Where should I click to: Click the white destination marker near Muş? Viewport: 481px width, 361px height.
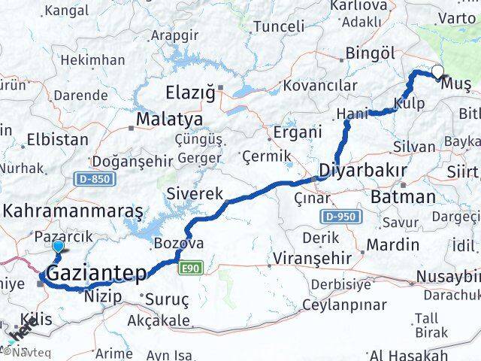[437, 72]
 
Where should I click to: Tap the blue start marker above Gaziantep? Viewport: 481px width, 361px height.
[57, 246]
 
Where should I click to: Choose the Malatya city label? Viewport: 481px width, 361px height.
[169, 120]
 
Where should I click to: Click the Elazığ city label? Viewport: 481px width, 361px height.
[190, 93]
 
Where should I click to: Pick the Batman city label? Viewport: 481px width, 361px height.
[403, 197]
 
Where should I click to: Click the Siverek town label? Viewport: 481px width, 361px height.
[195, 193]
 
